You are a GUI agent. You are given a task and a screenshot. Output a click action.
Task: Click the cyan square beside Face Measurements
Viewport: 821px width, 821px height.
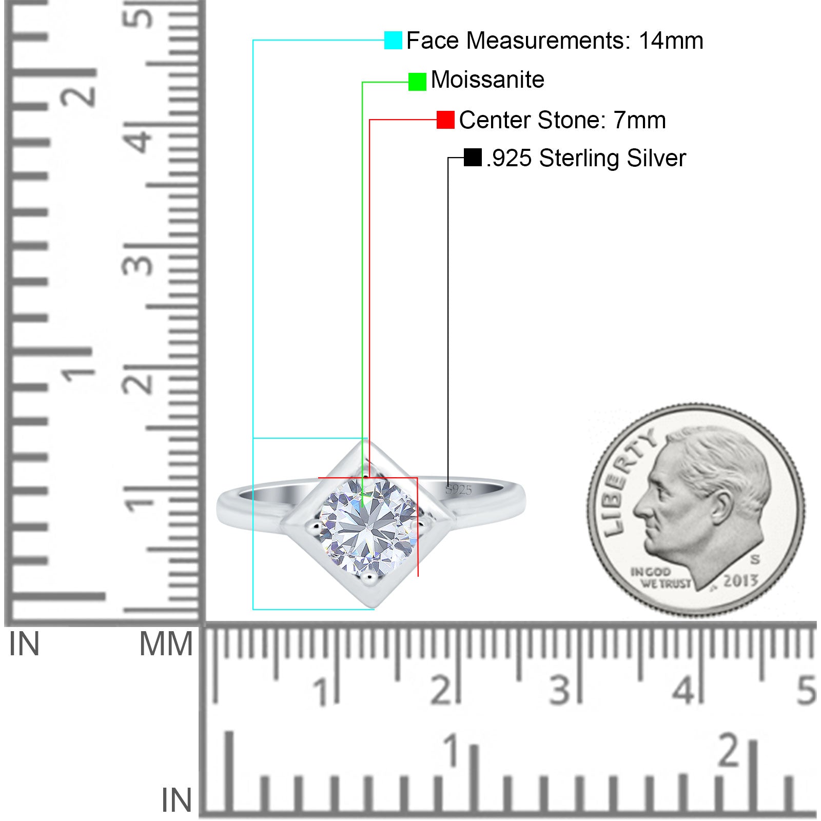pyautogui.click(x=393, y=41)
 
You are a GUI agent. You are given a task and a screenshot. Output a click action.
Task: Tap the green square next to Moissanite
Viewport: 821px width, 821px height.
pyautogui.click(x=417, y=82)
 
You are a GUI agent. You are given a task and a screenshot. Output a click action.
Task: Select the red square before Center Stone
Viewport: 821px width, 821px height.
pyautogui.click(x=445, y=120)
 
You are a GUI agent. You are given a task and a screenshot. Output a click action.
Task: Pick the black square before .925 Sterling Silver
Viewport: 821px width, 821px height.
pyautogui.click(x=473, y=158)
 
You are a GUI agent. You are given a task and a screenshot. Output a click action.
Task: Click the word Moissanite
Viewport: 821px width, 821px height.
pyautogui.click(x=487, y=80)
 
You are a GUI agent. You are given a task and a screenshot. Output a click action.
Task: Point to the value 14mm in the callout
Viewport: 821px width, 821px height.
pyautogui.click(x=671, y=41)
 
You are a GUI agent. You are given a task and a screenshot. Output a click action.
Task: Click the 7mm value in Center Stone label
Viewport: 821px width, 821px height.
pyautogui.click(x=640, y=120)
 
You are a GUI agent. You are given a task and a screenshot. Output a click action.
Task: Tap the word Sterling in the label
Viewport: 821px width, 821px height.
pyautogui.click(x=579, y=159)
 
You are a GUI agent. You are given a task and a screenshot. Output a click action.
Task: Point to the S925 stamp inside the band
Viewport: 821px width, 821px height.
pyautogui.click(x=458, y=490)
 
